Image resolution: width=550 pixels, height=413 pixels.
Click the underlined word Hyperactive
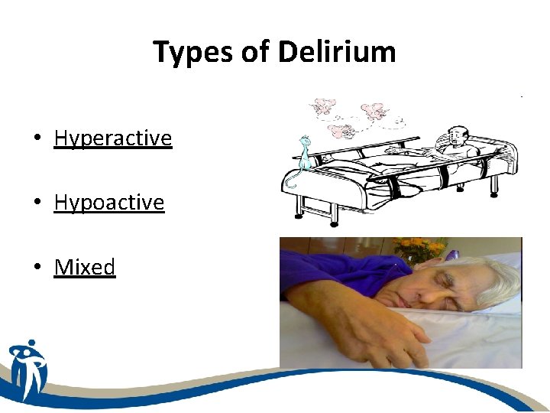(113, 138)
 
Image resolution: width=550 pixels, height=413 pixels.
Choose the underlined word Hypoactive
(109, 203)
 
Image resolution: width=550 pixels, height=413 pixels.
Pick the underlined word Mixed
(85, 267)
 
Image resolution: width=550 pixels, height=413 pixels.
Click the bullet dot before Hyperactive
(36, 139)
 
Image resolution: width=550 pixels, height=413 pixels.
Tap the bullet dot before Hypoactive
(36, 203)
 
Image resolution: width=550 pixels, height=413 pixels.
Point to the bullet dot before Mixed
(36, 268)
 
